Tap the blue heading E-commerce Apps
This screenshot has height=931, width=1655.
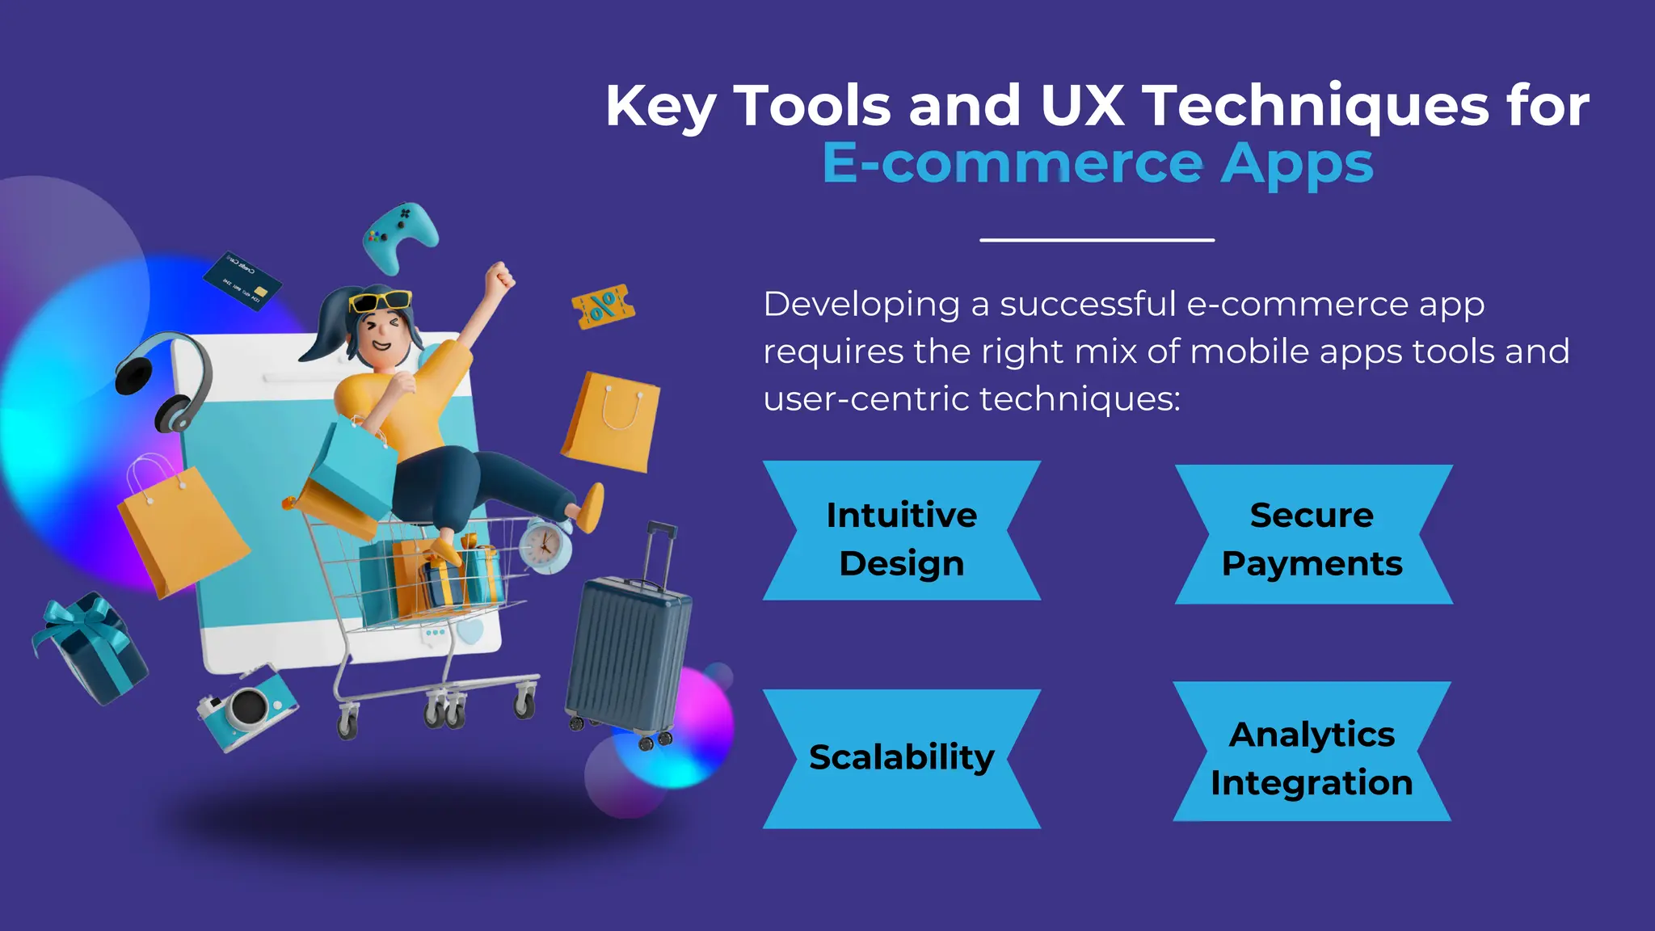(x=1097, y=163)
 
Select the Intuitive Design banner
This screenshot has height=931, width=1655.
(x=902, y=531)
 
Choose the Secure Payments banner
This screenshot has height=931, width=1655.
(x=1312, y=535)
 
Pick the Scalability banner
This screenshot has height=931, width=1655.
(x=902, y=758)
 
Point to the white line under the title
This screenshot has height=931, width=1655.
(x=1097, y=240)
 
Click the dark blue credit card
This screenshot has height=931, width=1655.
(x=242, y=280)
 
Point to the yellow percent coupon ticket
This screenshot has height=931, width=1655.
(x=603, y=306)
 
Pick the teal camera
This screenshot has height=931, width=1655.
(x=247, y=708)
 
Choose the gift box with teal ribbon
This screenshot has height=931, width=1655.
(x=89, y=647)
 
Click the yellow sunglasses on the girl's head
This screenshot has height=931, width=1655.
(x=380, y=301)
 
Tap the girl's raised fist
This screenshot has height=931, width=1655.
(x=499, y=276)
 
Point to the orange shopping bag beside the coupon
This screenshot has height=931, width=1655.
(x=612, y=422)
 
